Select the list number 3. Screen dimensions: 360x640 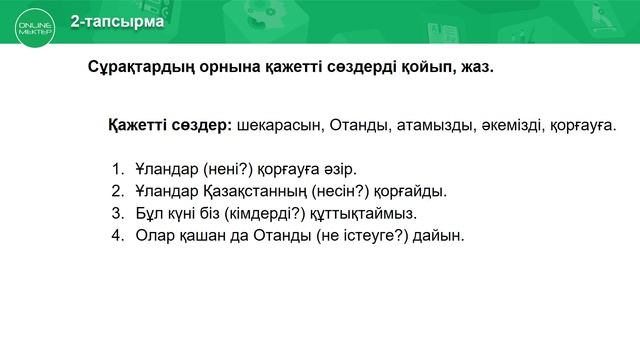click(x=116, y=213)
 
